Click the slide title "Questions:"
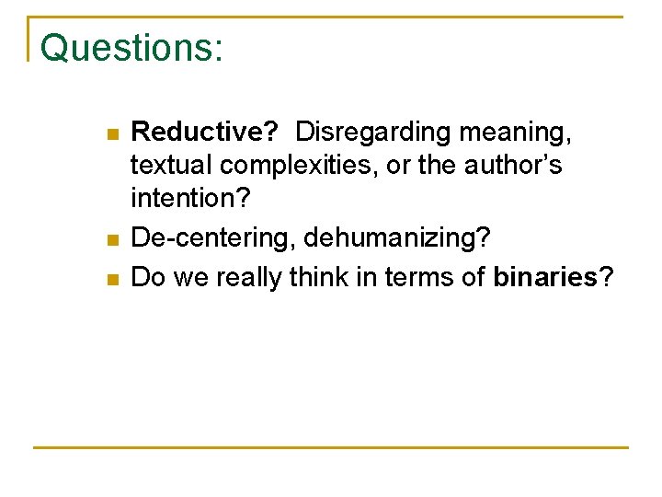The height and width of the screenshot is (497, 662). (131, 48)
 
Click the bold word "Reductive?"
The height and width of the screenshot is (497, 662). (205, 133)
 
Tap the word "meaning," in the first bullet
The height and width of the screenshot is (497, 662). (518, 133)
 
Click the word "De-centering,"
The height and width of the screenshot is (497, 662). (213, 237)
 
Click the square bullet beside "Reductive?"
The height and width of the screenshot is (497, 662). (111, 135)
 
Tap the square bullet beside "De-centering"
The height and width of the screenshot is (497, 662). (111, 240)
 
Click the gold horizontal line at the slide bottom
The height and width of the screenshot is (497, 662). (331, 447)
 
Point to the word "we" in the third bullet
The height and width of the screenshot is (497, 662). (193, 277)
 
